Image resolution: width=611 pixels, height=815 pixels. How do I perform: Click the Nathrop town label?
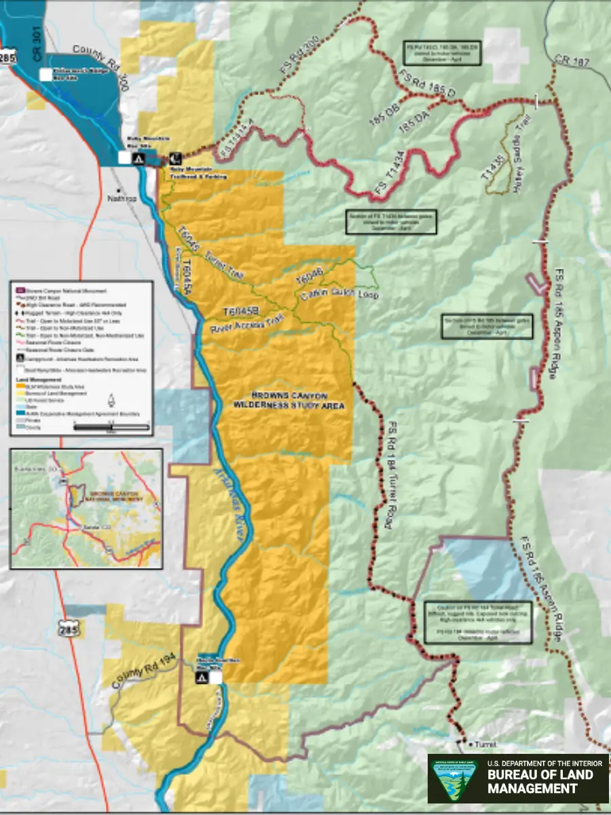coord(122,199)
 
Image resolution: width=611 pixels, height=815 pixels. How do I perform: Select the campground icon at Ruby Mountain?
coord(138,158)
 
